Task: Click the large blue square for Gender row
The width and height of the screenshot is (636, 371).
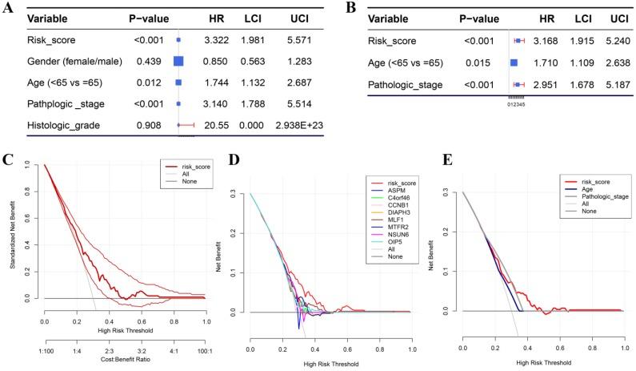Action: coord(179,60)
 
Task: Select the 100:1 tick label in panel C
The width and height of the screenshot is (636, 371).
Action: coord(205,350)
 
